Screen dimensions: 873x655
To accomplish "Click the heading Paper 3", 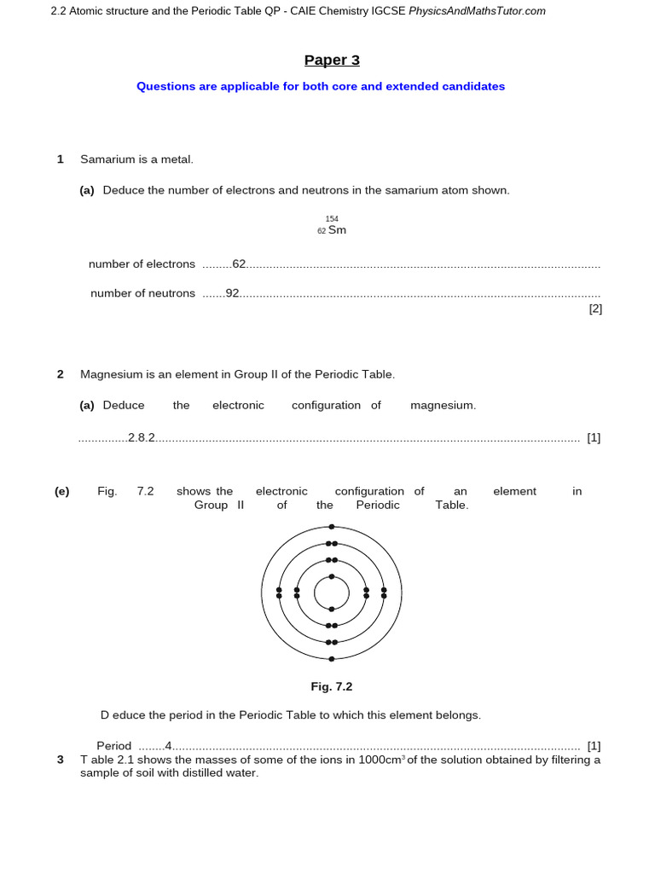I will coord(332,60).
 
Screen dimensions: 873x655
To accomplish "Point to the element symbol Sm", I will coord(337,230).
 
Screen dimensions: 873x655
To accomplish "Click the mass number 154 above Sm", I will coord(332,219).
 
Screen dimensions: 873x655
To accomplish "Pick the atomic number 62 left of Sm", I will coord(322,231).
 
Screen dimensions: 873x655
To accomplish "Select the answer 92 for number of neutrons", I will coord(232,293).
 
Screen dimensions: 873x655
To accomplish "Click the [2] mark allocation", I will coord(595,309).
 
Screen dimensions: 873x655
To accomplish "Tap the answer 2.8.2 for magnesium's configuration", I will coord(142,437).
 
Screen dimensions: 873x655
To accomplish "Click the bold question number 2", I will coord(61,374).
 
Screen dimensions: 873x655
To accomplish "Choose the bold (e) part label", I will coord(61,491).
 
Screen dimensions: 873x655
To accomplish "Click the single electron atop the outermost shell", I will coord(332,527).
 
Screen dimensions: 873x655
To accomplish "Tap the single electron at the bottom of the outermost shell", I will coord(332,658).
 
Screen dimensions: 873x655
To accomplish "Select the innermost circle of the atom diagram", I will coord(332,593).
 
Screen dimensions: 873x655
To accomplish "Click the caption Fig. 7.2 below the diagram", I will coord(332,686).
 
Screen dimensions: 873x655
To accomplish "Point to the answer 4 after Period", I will coord(169,745).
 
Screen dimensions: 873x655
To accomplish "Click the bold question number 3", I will coord(61,760).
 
